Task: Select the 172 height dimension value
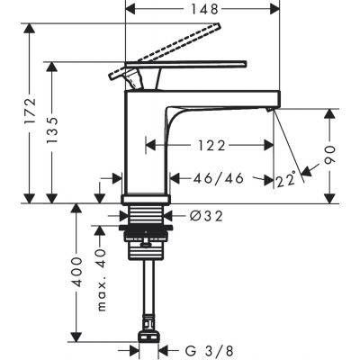(x=31, y=110)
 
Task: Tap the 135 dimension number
(x=51, y=130)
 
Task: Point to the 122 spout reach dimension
(x=211, y=146)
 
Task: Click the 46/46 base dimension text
(x=218, y=179)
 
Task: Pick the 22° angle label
(x=286, y=180)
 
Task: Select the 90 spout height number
(x=329, y=155)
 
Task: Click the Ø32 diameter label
(x=206, y=216)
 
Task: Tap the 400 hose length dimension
(x=77, y=272)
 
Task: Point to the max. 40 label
(x=102, y=280)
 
